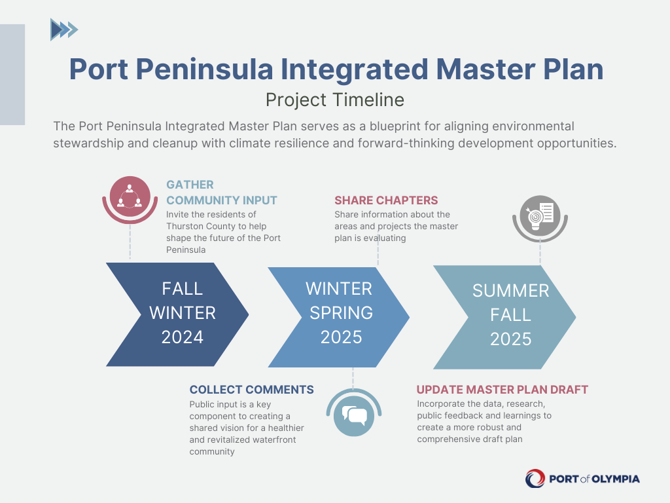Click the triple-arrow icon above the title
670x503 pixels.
coord(64,29)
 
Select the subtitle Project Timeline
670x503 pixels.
coord(334,100)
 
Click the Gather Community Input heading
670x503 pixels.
coord(221,193)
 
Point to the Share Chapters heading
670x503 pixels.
coord(386,200)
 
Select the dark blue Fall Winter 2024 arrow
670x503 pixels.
coord(177,314)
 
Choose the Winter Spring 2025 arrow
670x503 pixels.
coord(339,314)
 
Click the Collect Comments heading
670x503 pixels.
coord(251,390)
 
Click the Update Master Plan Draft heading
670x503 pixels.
coord(502,390)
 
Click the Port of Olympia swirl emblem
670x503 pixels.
coord(535,479)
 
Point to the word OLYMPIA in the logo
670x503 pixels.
coord(616,479)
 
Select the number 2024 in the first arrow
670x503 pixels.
coord(183,337)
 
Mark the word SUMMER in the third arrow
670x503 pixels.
coord(510,291)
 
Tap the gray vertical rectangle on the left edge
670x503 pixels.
coord(12,75)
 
